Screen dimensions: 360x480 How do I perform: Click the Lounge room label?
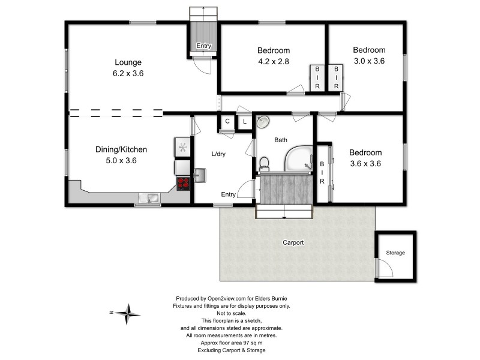pyautogui.click(x=128, y=62)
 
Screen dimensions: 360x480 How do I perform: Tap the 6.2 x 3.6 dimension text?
pyautogui.click(x=128, y=73)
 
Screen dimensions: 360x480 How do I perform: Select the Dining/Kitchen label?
pyautogui.click(x=122, y=150)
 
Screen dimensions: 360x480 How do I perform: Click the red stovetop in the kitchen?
pyautogui.click(x=183, y=183)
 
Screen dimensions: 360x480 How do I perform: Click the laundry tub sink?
pyautogui.click(x=200, y=175)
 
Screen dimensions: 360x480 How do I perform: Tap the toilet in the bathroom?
pyautogui.click(x=263, y=163)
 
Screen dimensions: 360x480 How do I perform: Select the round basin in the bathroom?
pyautogui.click(x=263, y=122)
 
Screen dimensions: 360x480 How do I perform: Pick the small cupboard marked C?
pyautogui.click(x=227, y=122)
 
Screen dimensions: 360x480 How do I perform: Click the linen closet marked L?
pyautogui.click(x=244, y=122)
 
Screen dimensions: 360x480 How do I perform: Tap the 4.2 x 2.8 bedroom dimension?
pyautogui.click(x=274, y=61)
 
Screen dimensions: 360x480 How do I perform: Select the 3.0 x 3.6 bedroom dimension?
pyautogui.click(x=368, y=61)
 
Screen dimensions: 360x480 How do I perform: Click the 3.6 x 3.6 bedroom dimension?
pyautogui.click(x=365, y=163)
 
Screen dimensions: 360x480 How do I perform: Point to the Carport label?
pyautogui.click(x=293, y=243)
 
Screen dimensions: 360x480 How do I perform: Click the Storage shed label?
pyautogui.click(x=395, y=253)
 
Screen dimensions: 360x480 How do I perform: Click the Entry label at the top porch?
pyautogui.click(x=204, y=46)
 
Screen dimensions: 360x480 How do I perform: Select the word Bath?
pyautogui.click(x=281, y=140)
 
